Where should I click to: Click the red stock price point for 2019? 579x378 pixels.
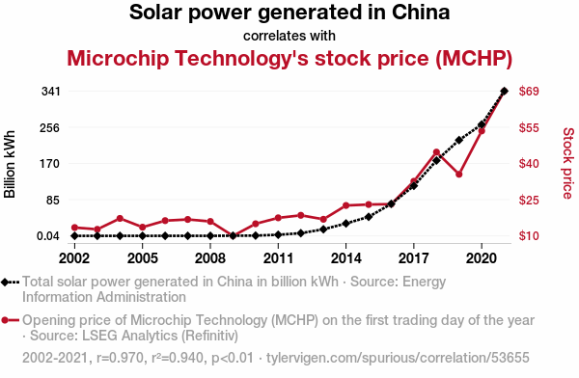[x=459, y=175]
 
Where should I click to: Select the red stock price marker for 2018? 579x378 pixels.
[x=436, y=152]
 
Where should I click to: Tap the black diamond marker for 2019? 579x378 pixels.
[x=459, y=140]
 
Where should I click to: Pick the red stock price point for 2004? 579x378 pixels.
[x=120, y=219]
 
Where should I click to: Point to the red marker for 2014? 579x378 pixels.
[x=346, y=205]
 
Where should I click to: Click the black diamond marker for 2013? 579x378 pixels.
[x=323, y=229]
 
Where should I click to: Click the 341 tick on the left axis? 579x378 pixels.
[x=50, y=92]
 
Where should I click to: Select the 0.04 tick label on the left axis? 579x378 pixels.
[x=48, y=236]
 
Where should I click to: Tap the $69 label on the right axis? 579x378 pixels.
[x=529, y=92]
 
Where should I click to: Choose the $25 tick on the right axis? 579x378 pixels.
[x=529, y=200]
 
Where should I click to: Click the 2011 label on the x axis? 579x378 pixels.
[x=278, y=258]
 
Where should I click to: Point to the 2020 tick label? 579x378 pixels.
[x=482, y=258]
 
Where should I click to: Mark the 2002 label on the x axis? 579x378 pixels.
[x=74, y=258]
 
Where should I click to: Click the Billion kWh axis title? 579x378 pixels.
[x=10, y=164]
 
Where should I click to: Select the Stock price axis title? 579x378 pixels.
[x=568, y=164]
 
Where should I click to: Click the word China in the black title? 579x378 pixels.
[x=421, y=13]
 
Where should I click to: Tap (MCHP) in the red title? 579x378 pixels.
[x=474, y=58]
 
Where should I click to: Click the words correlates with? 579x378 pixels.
[x=289, y=36]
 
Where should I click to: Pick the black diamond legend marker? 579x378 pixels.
[x=5, y=283]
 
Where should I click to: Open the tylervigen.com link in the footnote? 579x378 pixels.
[x=398, y=358]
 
